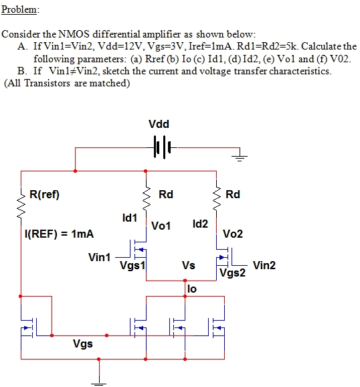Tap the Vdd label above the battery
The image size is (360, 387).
click(159, 124)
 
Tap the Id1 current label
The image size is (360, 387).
click(130, 218)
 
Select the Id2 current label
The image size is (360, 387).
click(199, 222)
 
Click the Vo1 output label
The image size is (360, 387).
click(161, 226)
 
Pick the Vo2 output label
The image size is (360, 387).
click(233, 234)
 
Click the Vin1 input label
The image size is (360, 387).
click(99, 257)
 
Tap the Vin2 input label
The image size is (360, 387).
click(264, 265)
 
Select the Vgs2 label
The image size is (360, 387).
click(233, 273)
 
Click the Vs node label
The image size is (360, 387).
click(188, 266)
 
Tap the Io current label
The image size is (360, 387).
click(192, 289)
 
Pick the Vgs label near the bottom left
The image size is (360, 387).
click(82, 344)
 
